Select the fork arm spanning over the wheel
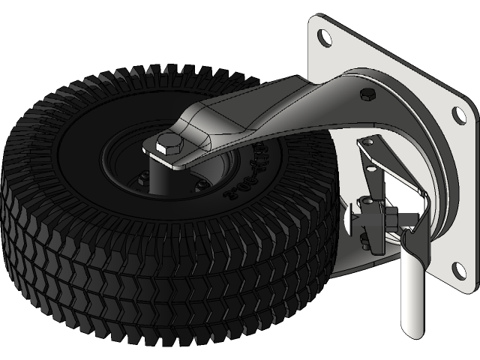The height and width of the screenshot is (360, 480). [255, 112]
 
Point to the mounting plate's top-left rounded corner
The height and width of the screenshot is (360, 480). [314, 21]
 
